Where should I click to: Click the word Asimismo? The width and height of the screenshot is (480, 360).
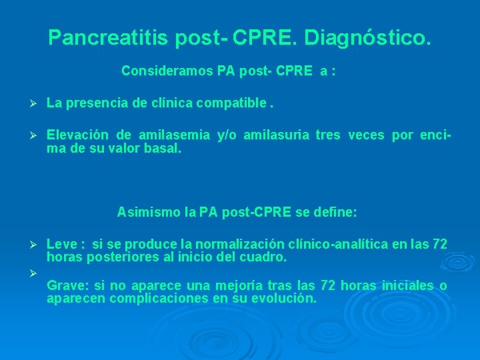click(142, 213)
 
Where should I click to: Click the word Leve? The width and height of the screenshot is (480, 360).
click(61, 245)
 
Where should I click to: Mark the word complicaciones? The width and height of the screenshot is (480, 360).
click(157, 298)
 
